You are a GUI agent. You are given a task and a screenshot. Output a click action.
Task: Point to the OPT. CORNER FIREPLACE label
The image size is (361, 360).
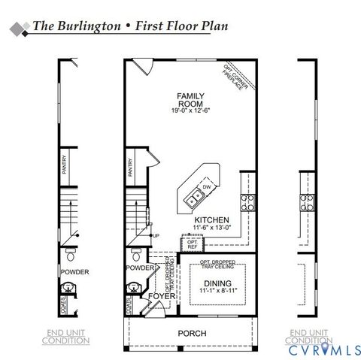(234, 78)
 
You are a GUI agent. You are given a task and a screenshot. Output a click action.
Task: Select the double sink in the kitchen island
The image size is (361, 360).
(193, 199)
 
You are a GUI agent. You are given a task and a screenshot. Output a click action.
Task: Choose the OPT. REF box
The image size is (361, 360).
(193, 244)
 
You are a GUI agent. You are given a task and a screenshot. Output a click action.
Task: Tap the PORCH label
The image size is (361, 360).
(192, 333)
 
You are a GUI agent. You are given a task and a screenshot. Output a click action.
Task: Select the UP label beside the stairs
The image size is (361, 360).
(156, 236)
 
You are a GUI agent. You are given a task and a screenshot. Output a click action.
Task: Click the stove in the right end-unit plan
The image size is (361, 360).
(307, 201)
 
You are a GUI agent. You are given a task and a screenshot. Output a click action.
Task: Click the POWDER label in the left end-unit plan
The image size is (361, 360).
(75, 271)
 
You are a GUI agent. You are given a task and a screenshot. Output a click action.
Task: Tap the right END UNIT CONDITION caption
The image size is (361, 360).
(308, 336)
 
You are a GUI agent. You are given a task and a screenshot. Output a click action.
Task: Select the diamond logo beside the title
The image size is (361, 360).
(18, 28)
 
